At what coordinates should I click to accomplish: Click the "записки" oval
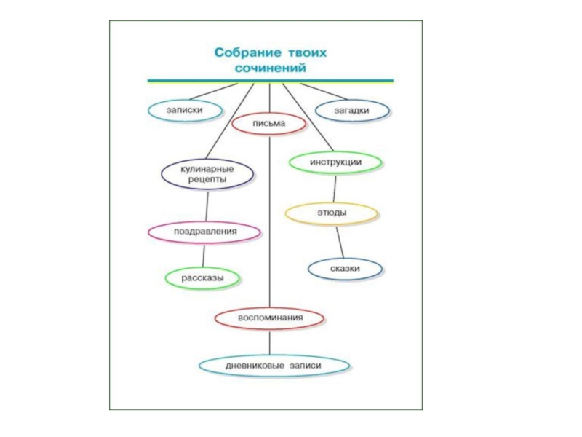coord(184,110)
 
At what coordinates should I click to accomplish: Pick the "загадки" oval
coord(352,110)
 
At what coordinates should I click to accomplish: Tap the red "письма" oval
coord(268,124)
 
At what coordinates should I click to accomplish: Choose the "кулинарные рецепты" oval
coord(207,173)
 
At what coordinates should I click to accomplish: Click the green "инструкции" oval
coord(335,162)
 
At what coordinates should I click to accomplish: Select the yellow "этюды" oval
coord(331,213)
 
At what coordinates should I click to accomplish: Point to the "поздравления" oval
coord(204,232)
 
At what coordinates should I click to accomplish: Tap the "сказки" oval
coord(346,269)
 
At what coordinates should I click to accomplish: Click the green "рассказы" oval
coord(203,277)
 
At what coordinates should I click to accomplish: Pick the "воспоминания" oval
coord(269,318)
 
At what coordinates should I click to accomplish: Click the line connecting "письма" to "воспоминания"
coord(269,219)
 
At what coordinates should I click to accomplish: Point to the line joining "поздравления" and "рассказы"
coord(204,255)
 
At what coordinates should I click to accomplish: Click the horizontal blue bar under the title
coord(270,80)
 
